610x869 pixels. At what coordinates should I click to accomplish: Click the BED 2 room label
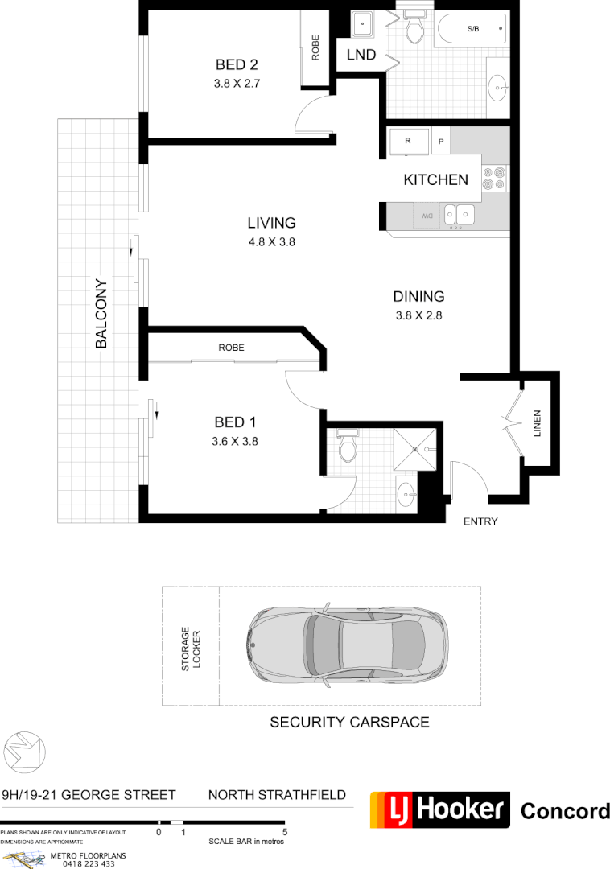pos(236,65)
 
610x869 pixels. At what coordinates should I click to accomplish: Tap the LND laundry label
pos(361,55)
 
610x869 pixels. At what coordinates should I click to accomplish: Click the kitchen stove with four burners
pos(493,179)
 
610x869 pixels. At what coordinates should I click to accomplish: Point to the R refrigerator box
pos(408,141)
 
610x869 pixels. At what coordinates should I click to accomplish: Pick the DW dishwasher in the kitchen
pos(425,215)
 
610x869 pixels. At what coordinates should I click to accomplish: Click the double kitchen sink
pos(459,215)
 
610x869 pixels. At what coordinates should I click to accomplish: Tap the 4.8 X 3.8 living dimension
pos(271,241)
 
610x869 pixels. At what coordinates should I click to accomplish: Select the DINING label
pos(419,297)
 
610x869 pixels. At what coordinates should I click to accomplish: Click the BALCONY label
pos(101,314)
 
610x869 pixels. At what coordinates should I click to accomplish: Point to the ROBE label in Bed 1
pos(231,348)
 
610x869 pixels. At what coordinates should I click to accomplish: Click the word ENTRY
pos(480,521)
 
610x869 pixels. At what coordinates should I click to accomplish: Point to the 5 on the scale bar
pos(285,831)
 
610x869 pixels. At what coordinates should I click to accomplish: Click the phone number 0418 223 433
pos(82,864)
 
